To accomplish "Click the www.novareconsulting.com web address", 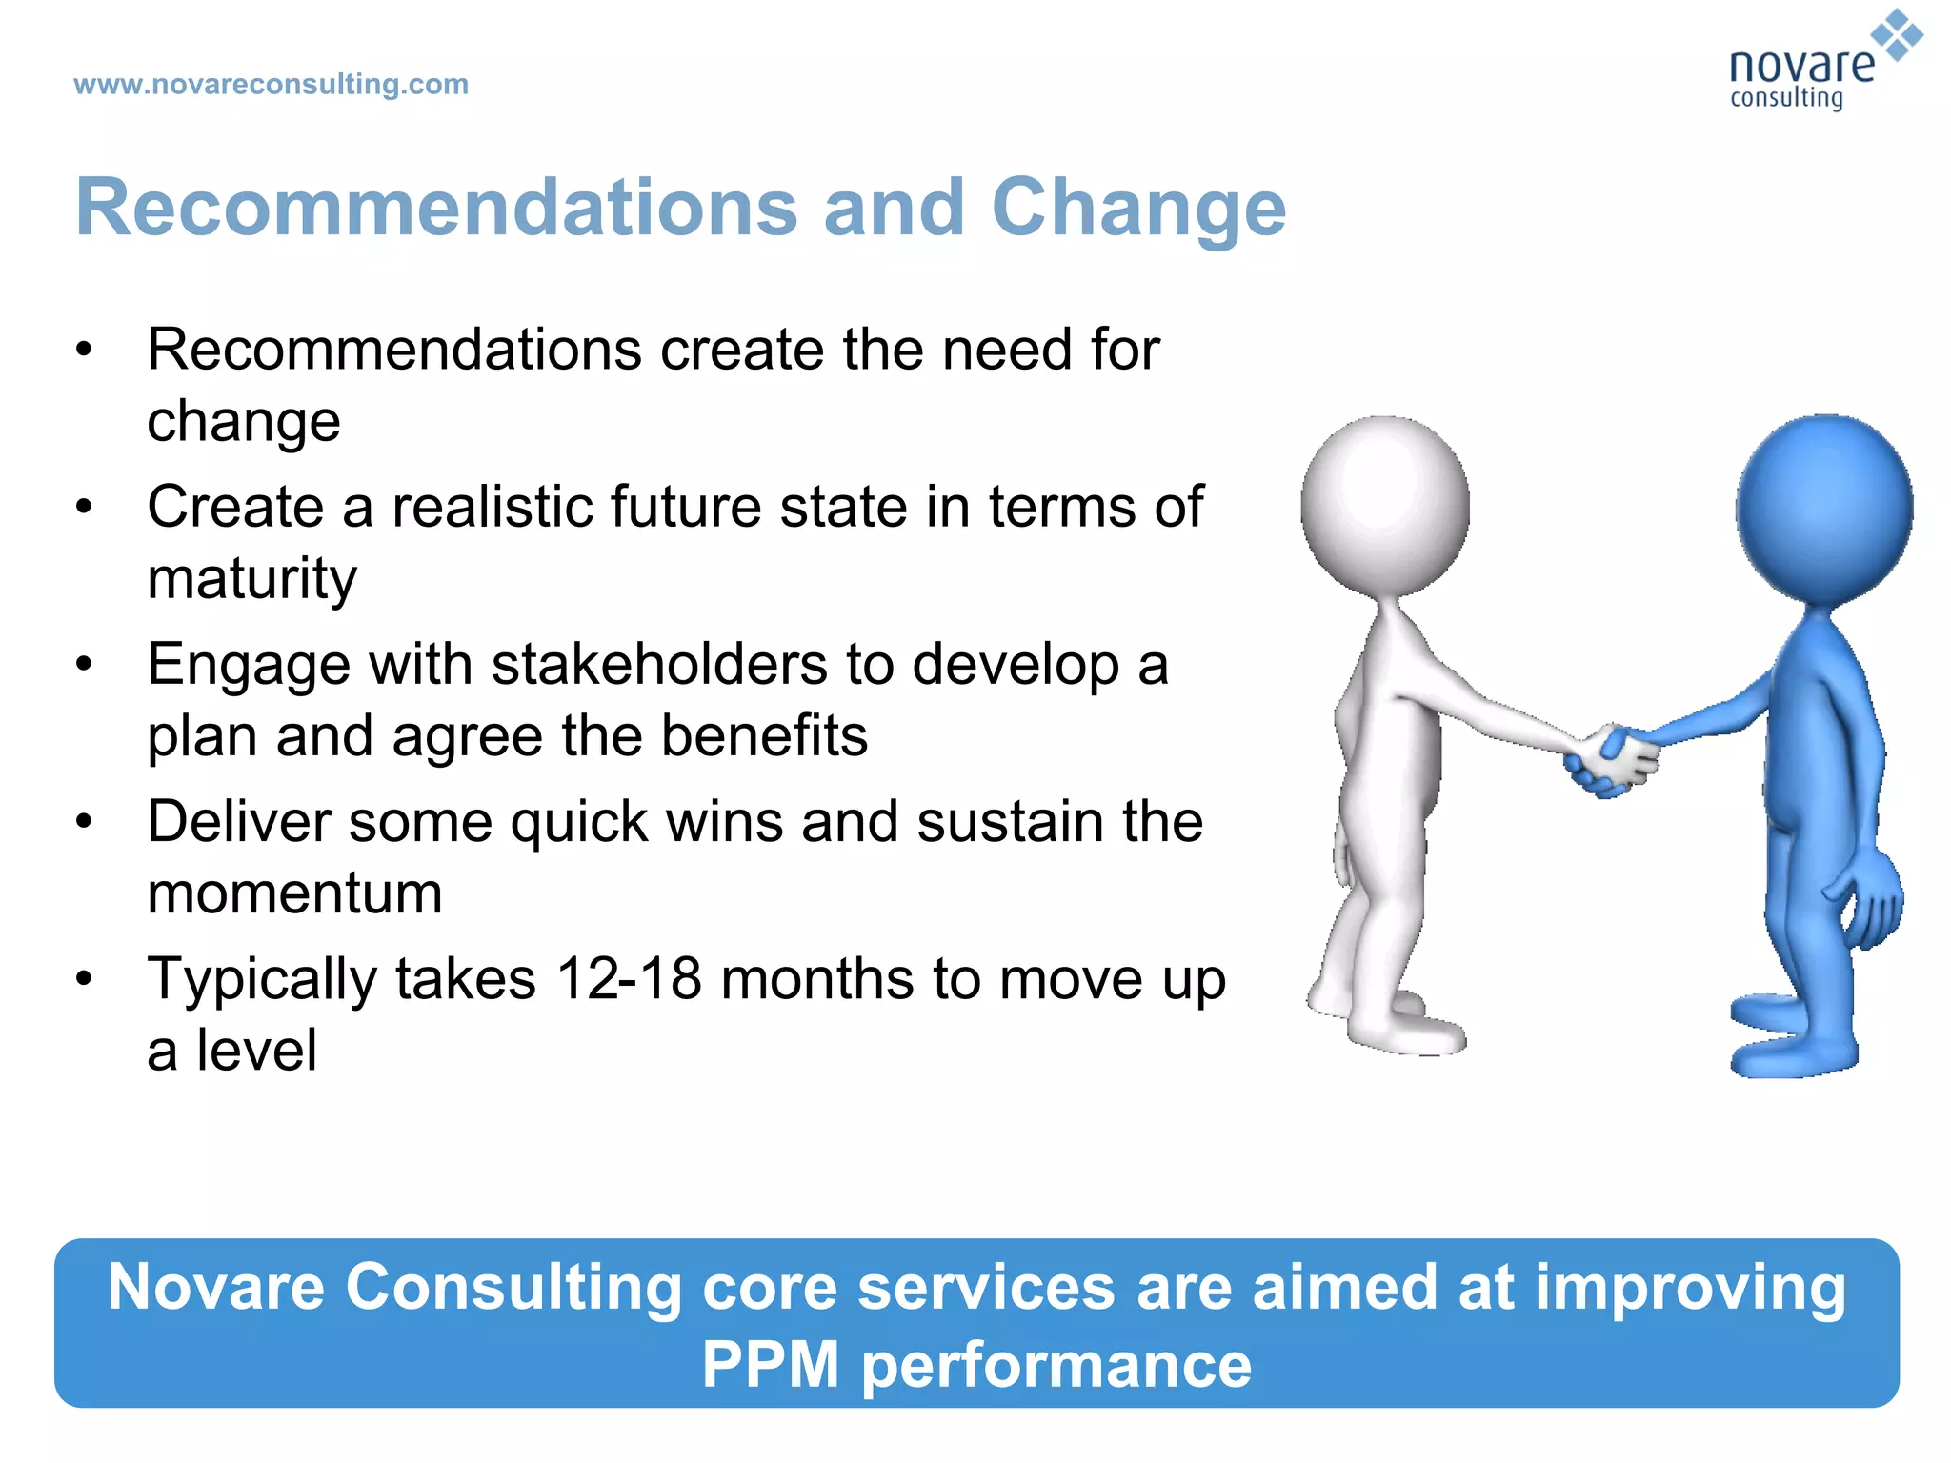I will point(271,85).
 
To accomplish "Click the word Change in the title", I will point(1138,209).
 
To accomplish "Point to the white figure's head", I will point(1385,505).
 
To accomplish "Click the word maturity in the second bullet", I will point(252,578).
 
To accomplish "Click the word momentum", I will point(294,893).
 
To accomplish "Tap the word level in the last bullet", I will point(256,1051).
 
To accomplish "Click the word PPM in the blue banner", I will point(770,1365).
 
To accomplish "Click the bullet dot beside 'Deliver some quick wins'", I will point(85,821).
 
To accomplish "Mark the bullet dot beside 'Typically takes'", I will point(85,978).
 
